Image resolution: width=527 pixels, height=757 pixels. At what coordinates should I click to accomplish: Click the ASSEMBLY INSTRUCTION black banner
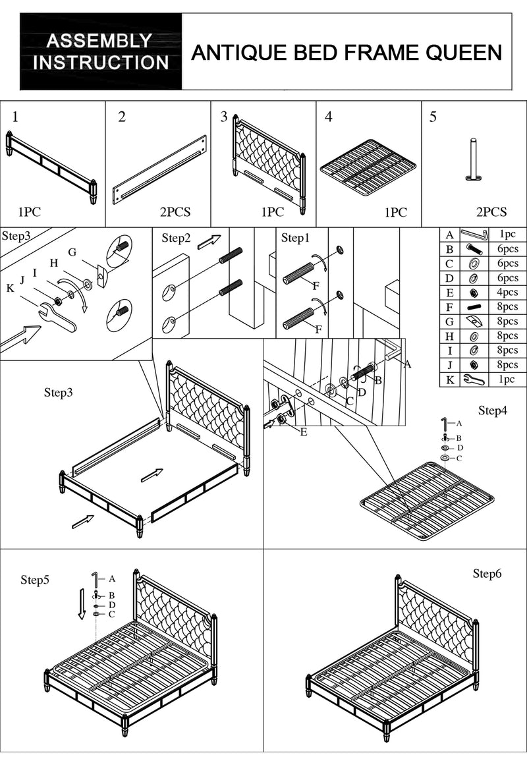101,52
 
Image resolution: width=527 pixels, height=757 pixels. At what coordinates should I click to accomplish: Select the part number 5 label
433,117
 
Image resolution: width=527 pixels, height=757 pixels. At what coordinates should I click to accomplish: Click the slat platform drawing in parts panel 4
368,167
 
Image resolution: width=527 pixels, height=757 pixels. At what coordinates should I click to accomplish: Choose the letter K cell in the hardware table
449,379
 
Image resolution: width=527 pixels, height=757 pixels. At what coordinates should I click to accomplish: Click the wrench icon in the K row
474,379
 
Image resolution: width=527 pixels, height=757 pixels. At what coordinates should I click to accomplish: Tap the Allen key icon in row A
474,235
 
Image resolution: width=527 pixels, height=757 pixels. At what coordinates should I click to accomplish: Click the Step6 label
487,574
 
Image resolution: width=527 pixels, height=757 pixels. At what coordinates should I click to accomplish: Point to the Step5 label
35,580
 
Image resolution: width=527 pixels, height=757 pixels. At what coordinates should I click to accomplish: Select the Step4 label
493,410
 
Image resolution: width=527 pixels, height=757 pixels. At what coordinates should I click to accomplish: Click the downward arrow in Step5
82,603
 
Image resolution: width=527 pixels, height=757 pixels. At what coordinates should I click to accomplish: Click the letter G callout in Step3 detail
72,252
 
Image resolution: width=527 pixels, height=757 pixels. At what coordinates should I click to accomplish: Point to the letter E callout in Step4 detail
303,432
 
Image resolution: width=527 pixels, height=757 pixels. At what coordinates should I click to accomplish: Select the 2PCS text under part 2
175,212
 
